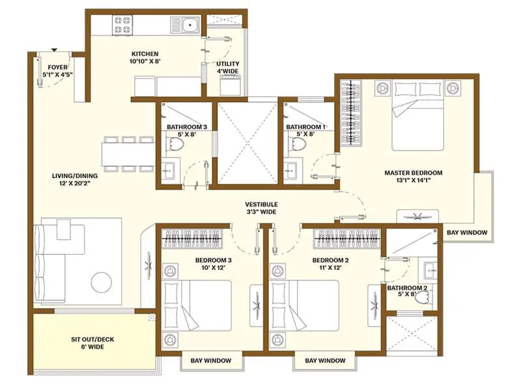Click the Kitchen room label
click(145, 58)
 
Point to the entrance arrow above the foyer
click(54, 49)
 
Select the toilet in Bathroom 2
click(423, 298)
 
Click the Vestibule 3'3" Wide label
click(261, 208)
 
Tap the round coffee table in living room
click(101, 282)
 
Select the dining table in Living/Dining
click(128, 154)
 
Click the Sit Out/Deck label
click(93, 343)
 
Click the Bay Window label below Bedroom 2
click(325, 360)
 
